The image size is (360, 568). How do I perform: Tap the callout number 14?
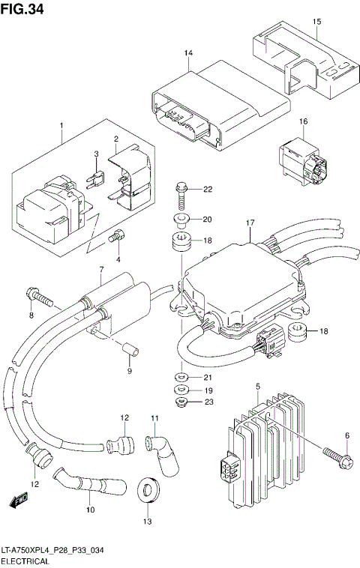pyautogui.click(x=188, y=52)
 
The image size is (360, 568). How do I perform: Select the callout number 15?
pyautogui.click(x=316, y=22)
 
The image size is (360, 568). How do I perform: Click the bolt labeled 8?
pyautogui.click(x=39, y=297)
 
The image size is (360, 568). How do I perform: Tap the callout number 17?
pyautogui.click(x=250, y=223)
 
